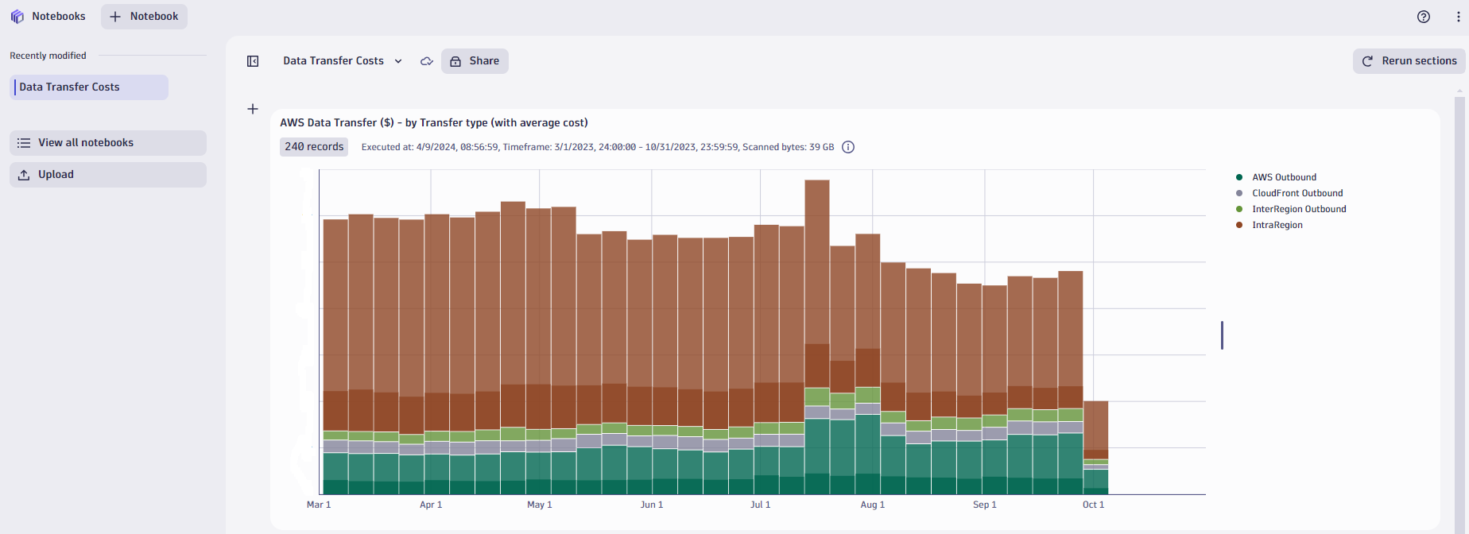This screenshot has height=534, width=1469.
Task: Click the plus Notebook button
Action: tap(144, 17)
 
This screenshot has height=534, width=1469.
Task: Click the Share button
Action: tap(475, 61)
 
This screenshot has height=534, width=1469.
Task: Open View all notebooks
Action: tap(108, 143)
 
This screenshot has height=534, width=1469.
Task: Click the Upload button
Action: tap(108, 175)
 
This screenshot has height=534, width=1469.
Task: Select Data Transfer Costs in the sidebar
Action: tap(89, 87)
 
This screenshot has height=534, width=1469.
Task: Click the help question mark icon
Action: tap(1424, 17)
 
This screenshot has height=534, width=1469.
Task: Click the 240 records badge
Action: tap(314, 147)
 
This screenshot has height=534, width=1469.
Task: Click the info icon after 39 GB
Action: tap(848, 147)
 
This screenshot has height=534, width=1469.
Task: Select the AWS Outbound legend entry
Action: tap(1283, 177)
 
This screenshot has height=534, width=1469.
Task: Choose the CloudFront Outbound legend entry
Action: tap(1297, 193)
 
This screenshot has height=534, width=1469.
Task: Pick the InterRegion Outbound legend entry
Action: tap(1298, 209)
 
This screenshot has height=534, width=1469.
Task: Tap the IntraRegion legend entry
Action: tap(1277, 225)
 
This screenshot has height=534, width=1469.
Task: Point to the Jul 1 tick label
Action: tap(760, 505)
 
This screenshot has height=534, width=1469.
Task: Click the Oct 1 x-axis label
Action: tap(1093, 505)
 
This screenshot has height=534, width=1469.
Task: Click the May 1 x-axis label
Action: tap(539, 505)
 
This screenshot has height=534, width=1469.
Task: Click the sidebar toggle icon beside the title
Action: tap(253, 61)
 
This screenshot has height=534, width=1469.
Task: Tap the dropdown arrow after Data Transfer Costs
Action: tap(398, 61)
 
